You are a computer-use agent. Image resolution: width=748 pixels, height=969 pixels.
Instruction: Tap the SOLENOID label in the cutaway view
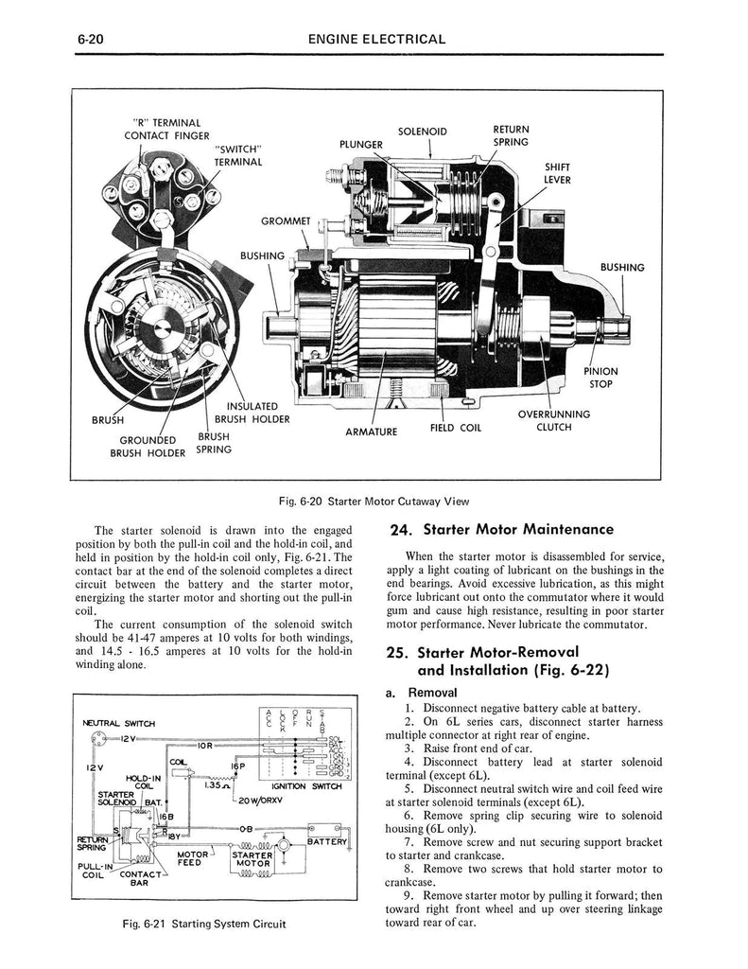coord(422,132)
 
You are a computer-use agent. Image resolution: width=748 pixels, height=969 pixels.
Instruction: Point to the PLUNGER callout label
coord(361,144)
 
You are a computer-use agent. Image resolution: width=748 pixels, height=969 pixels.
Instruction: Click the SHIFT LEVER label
coord(557,173)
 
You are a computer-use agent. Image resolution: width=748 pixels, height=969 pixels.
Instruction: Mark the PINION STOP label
coord(600,378)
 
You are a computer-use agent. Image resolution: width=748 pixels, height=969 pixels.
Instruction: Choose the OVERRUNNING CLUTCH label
coord(553,420)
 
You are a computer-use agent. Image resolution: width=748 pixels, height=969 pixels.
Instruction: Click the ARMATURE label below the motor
coord(371,432)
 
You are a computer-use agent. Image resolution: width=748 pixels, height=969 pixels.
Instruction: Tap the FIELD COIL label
coord(456,427)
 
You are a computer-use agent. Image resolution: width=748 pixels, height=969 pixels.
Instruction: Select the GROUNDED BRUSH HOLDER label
coord(146,446)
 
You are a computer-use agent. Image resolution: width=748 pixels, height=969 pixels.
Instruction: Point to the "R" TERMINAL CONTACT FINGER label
coord(167,129)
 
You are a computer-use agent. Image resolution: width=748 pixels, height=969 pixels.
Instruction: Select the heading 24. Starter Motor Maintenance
coord(501,529)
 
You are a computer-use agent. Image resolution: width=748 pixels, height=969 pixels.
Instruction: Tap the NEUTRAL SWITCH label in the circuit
coord(120,723)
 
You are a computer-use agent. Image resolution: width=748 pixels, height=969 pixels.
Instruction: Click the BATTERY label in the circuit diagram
coord(327,841)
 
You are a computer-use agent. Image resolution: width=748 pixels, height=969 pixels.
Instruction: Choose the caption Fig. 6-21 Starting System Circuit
coord(199,924)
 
